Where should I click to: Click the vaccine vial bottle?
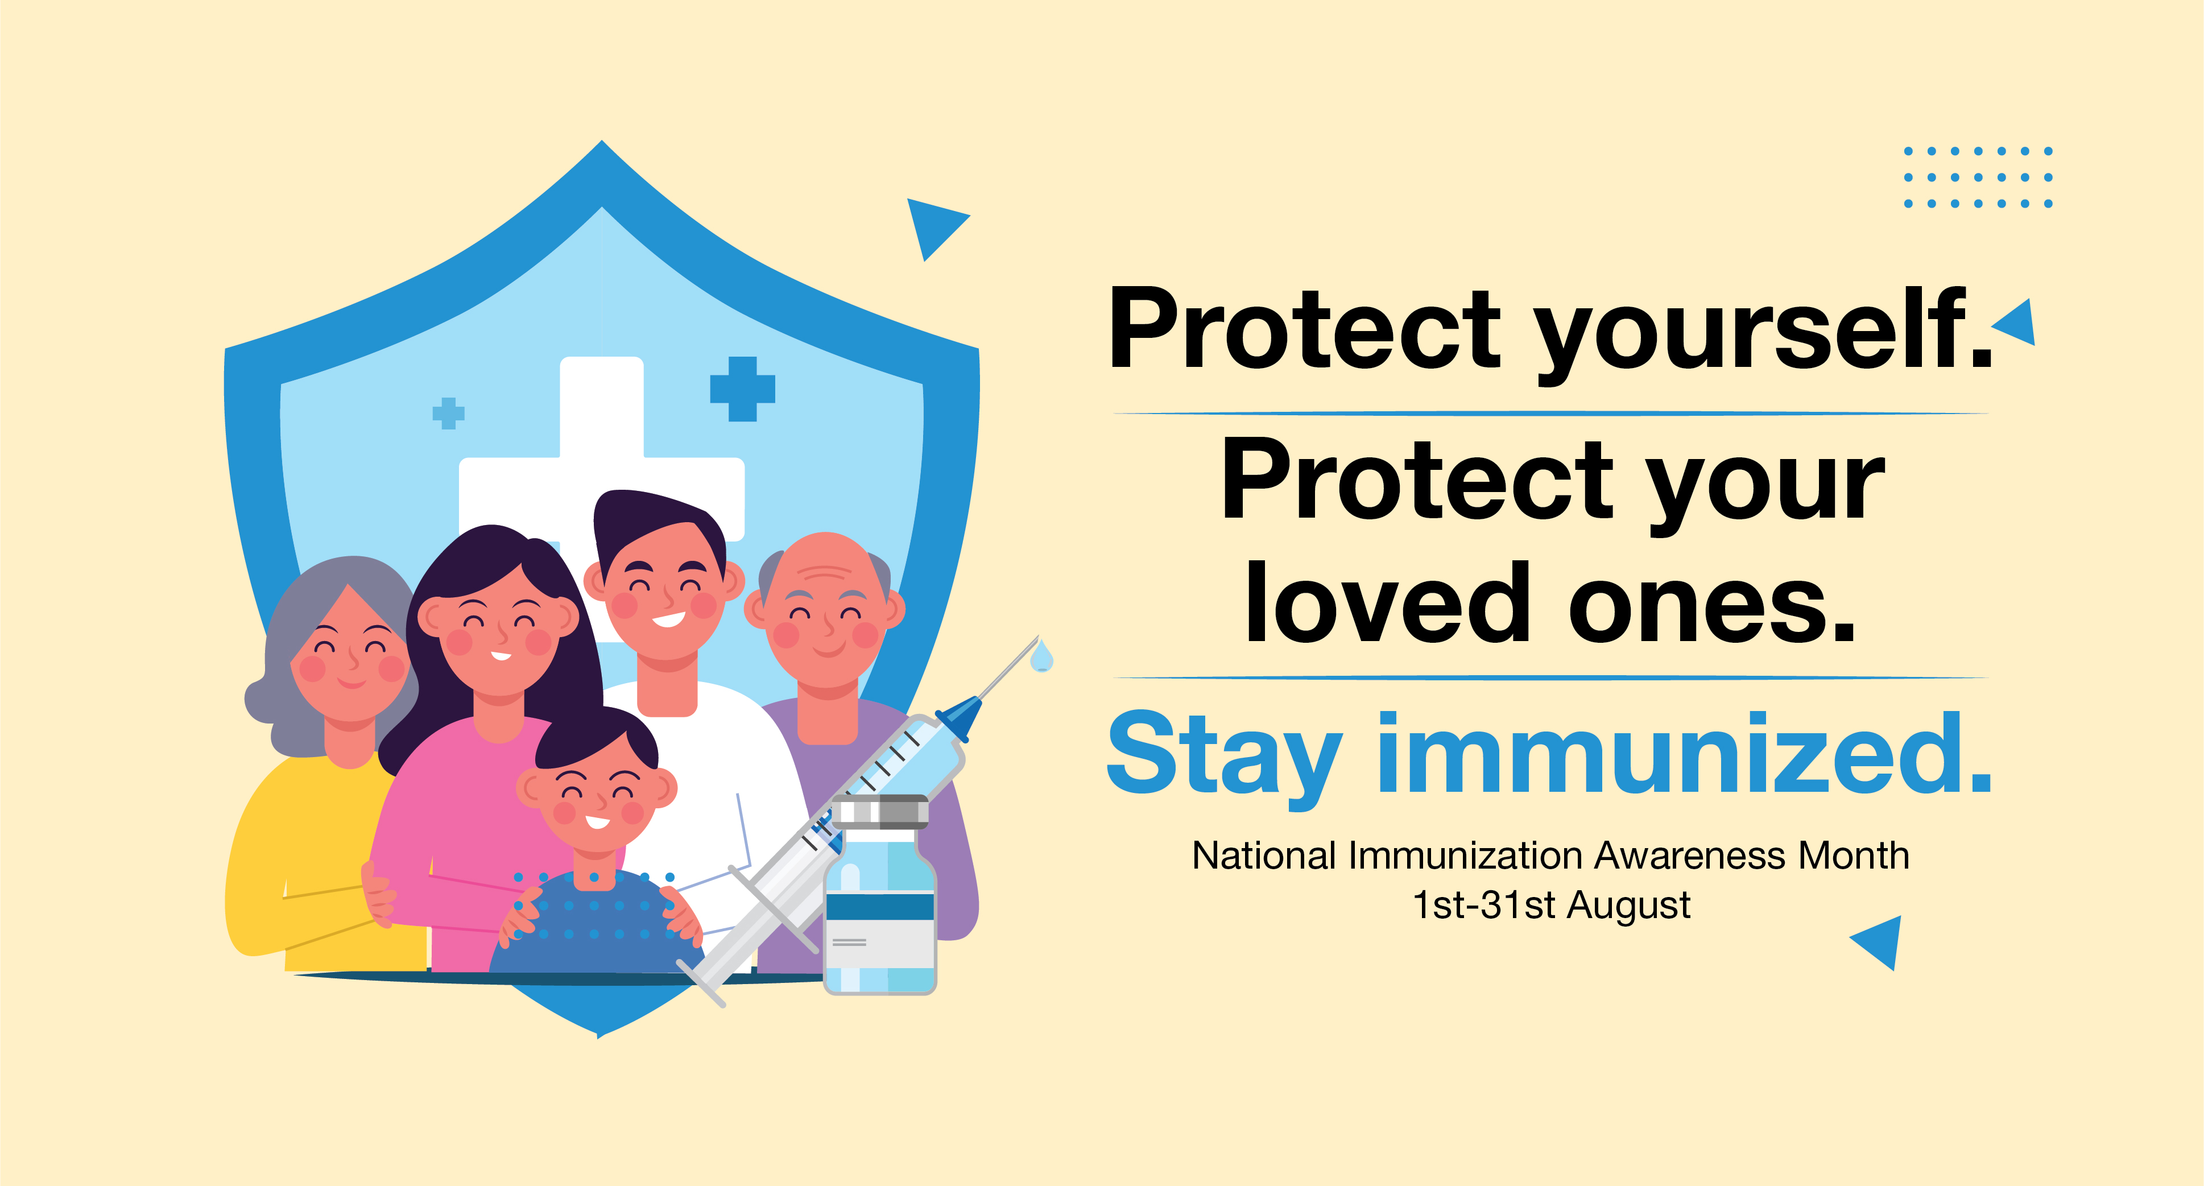point(879,894)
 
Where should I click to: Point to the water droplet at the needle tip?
point(1041,656)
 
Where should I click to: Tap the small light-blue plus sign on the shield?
point(448,414)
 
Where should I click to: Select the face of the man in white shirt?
point(665,590)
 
